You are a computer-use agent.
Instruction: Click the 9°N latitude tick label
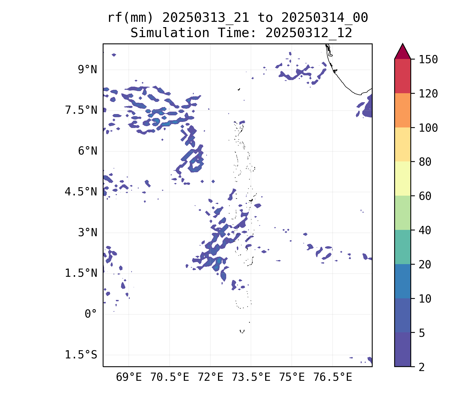pyautogui.click(x=87, y=70)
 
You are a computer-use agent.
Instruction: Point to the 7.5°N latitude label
pyautogui.click(x=81, y=110)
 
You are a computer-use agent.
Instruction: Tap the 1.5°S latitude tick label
pyautogui.click(x=81, y=355)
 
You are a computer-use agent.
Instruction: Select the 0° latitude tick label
pyautogui.click(x=91, y=314)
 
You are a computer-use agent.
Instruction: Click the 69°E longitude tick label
pyautogui.click(x=129, y=377)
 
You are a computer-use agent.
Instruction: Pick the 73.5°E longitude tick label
pyautogui.click(x=251, y=377)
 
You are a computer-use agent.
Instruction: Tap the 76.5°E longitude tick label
pyautogui.click(x=333, y=377)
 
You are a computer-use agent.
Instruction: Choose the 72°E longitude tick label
pyautogui.click(x=210, y=377)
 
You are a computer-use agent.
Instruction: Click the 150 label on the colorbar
pyautogui.click(x=428, y=60)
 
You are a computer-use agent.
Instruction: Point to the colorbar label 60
pyautogui.click(x=425, y=196)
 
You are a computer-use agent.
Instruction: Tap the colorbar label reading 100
pyautogui.click(x=428, y=128)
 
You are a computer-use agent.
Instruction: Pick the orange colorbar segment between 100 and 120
pyautogui.click(x=402, y=110)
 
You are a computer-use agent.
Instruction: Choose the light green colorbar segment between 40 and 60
pyautogui.click(x=402, y=213)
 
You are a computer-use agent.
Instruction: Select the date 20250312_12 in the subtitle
pyautogui.click(x=309, y=33)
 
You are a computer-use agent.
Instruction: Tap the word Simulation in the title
pyautogui.click(x=170, y=33)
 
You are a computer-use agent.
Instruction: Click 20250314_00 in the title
pyautogui.click(x=324, y=18)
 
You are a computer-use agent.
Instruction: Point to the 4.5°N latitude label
pyautogui.click(x=81, y=192)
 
